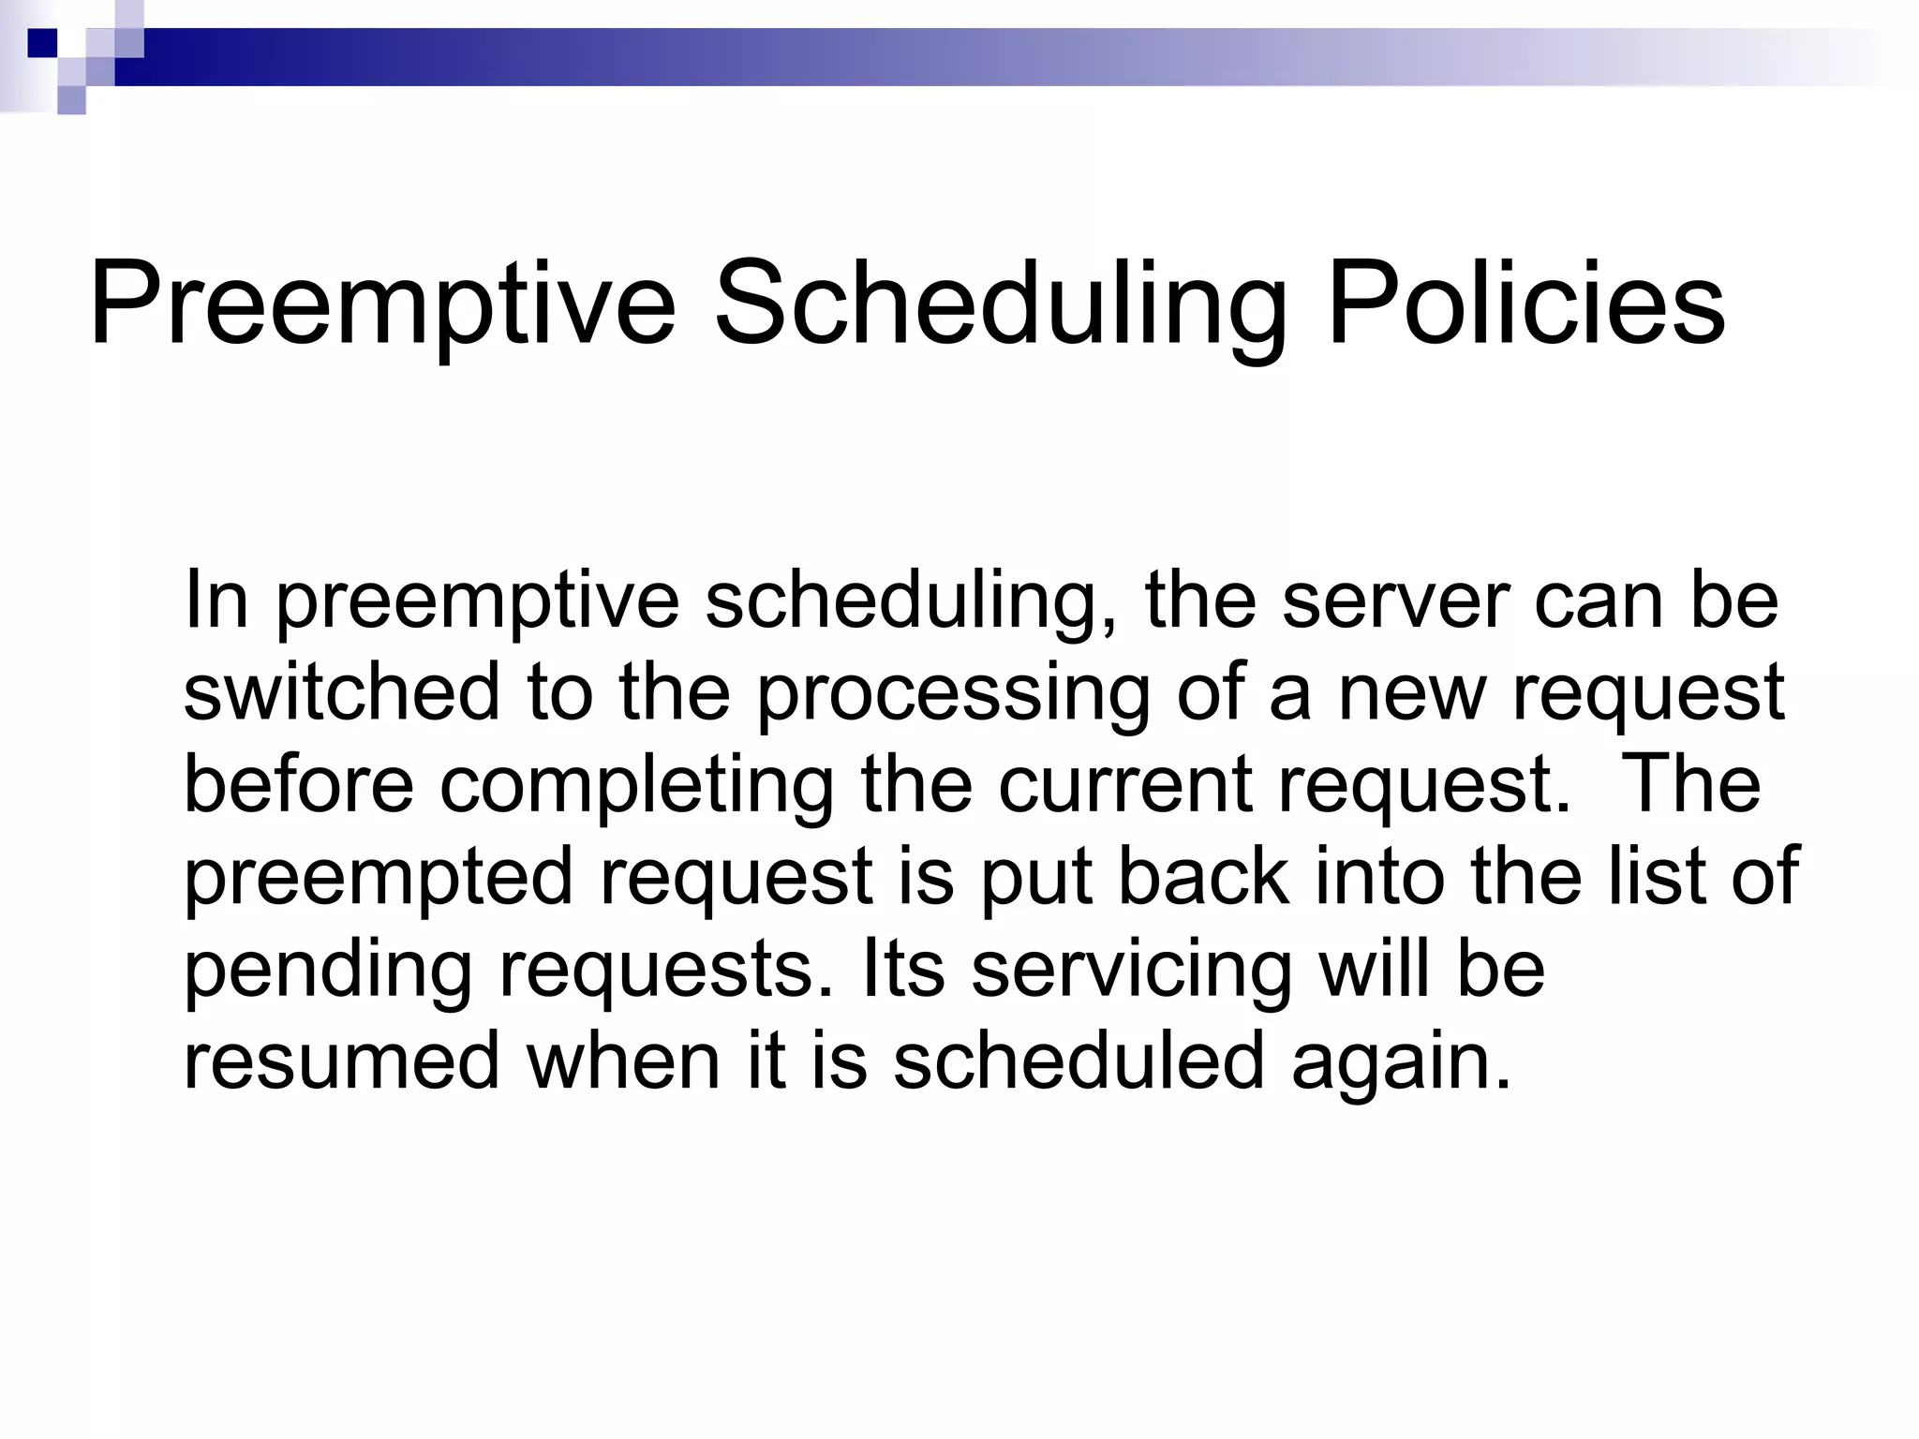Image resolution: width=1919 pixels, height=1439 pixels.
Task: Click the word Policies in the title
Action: pos(1525,304)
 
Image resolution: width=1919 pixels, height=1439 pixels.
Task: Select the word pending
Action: pos(327,971)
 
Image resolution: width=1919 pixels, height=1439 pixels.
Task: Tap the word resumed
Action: pos(342,1061)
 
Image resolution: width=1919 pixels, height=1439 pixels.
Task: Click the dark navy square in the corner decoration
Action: pos(43,43)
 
